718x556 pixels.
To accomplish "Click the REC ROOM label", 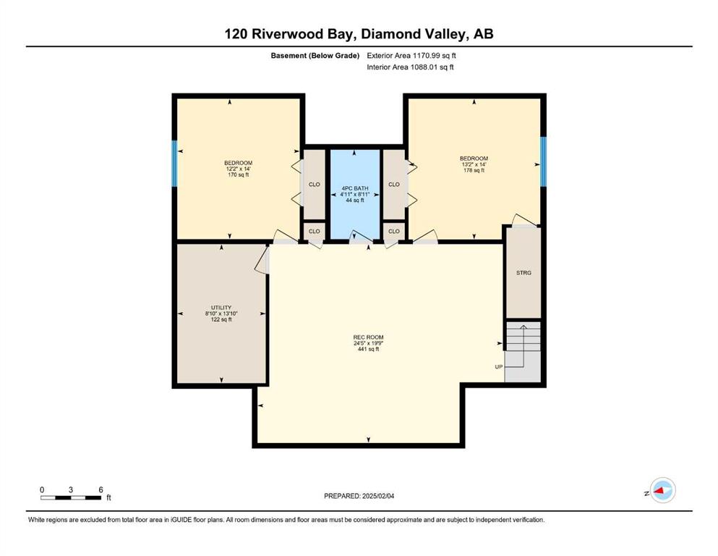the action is click(368, 337).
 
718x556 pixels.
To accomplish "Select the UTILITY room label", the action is click(221, 308).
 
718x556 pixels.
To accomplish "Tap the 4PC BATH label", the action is click(355, 188).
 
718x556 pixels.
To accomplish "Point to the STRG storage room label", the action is click(523, 273).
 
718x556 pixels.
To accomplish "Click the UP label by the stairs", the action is click(499, 367).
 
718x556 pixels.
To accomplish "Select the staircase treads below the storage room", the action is click(523, 337).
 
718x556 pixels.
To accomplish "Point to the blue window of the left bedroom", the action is click(174, 164).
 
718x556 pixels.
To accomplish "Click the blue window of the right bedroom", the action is click(543, 161).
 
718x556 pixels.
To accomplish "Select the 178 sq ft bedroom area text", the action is click(474, 171).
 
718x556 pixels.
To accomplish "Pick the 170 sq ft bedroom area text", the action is click(238, 174).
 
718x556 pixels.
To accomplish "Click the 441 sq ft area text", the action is click(368, 349).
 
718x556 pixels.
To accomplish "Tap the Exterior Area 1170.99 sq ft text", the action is click(411, 56).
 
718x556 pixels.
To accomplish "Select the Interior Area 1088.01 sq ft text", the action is click(410, 67).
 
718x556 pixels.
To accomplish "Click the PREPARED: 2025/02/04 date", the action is click(359, 496).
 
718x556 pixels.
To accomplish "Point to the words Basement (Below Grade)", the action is click(315, 56).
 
